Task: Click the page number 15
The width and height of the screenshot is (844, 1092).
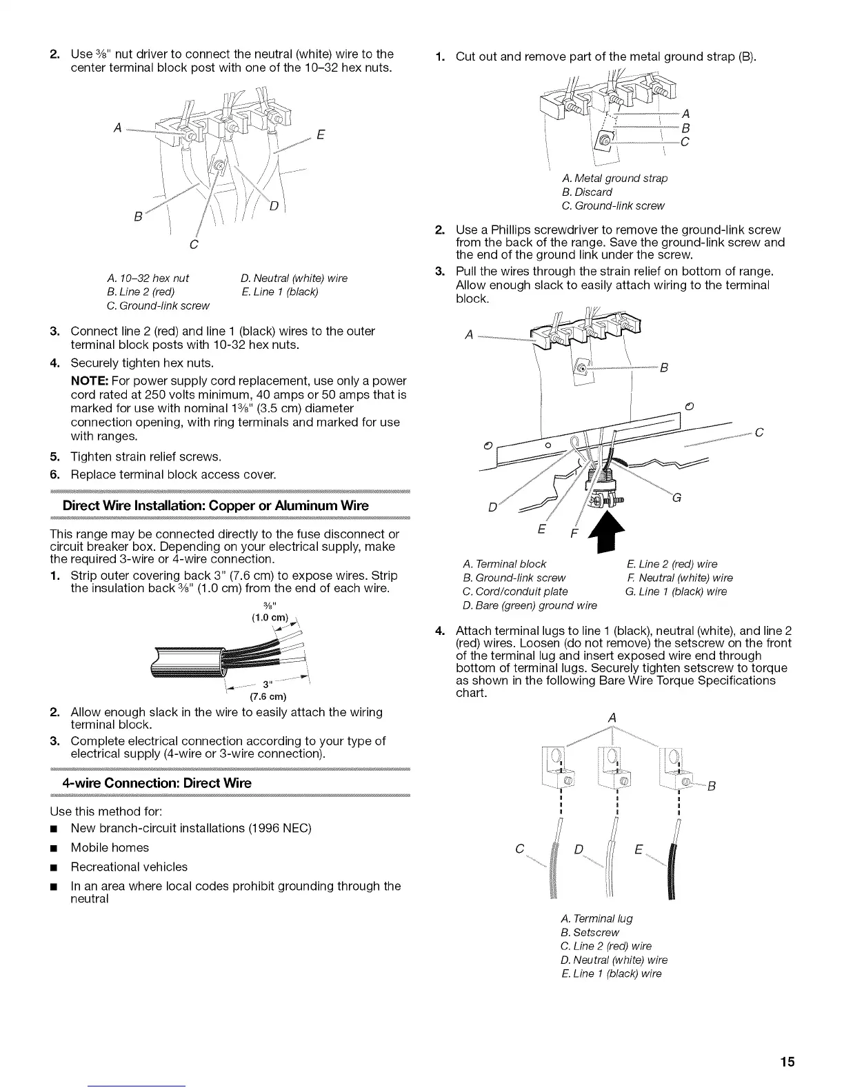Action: (x=787, y=1062)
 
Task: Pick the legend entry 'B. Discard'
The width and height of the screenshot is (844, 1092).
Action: (x=587, y=192)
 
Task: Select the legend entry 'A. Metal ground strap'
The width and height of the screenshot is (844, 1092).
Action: (x=614, y=178)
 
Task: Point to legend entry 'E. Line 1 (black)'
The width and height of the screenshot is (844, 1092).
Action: (x=279, y=292)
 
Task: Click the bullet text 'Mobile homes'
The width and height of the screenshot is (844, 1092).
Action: (x=110, y=847)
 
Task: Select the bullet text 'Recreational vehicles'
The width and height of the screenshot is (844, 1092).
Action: (x=129, y=867)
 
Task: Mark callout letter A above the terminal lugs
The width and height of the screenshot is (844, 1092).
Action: (x=612, y=718)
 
